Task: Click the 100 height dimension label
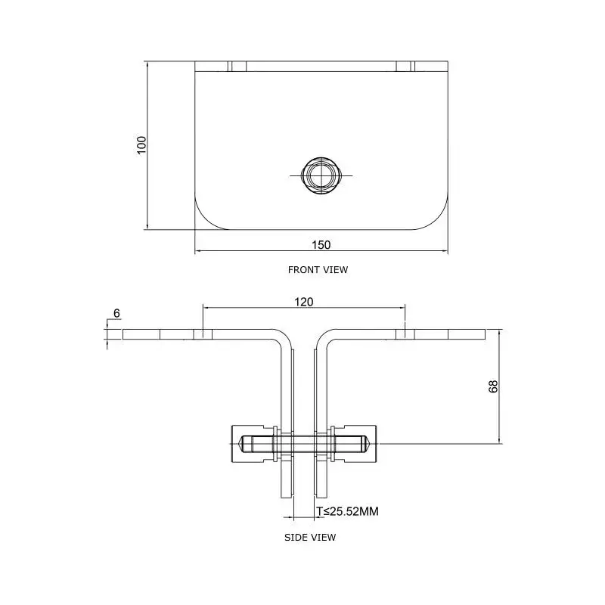click(141, 144)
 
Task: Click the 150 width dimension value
click(321, 244)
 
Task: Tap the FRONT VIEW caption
click(318, 269)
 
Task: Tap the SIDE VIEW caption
click(310, 537)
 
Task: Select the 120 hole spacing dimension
click(304, 302)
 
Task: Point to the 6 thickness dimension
click(116, 312)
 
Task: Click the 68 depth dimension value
click(493, 386)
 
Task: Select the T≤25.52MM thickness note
click(347, 512)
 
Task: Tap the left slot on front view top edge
click(237, 67)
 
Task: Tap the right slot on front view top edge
click(405, 67)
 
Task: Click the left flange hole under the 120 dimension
click(203, 334)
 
